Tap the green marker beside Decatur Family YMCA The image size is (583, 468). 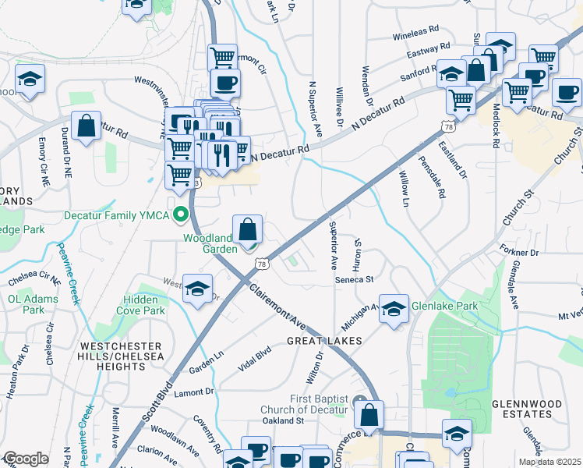click(x=182, y=214)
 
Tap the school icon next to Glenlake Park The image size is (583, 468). click(x=394, y=308)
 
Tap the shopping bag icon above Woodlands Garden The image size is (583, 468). click(x=247, y=230)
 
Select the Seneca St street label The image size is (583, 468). click(x=355, y=278)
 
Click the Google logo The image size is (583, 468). click(x=26, y=459)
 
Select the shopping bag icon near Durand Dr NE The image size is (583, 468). click(x=87, y=126)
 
